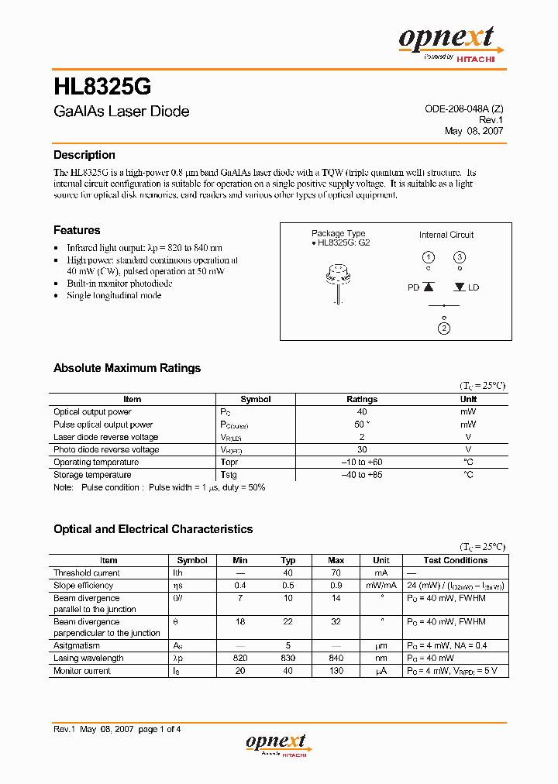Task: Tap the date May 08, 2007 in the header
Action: click(474, 131)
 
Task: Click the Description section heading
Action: click(84, 155)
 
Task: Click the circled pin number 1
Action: click(428, 257)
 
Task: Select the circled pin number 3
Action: click(460, 257)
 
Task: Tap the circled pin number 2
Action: click(443, 328)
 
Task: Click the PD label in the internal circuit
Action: click(413, 287)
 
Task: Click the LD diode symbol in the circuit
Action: click(460, 287)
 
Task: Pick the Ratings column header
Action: click(361, 400)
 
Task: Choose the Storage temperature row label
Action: click(92, 475)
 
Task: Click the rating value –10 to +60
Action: click(361, 462)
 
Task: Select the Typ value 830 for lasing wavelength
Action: click(288, 658)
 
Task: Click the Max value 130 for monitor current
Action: click(336, 671)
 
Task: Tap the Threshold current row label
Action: click(87, 573)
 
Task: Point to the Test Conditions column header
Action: click(456, 560)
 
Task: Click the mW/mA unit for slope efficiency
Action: click(381, 586)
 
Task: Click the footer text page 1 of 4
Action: click(159, 729)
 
